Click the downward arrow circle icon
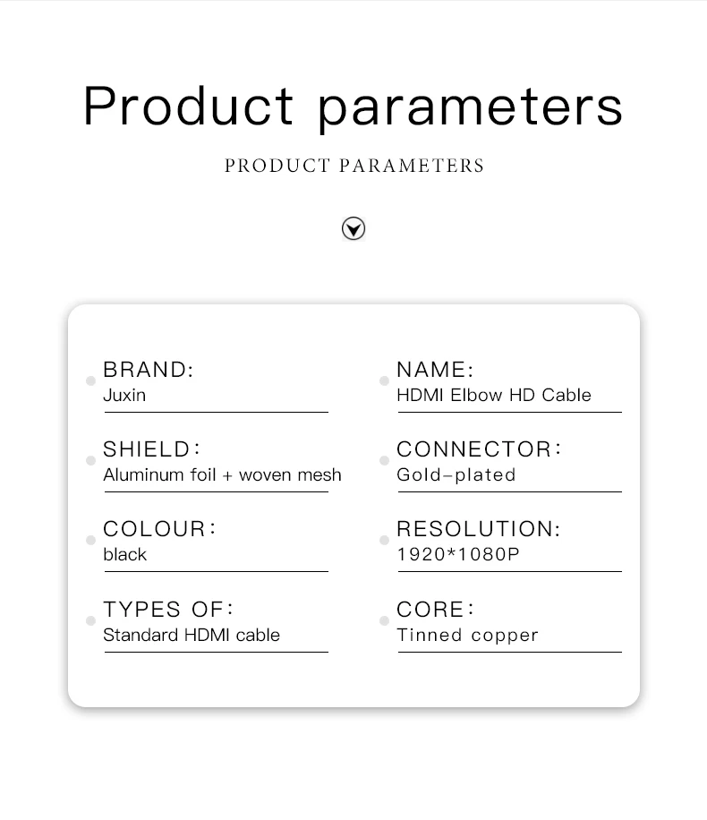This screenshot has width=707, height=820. pos(353,228)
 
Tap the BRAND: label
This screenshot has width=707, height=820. pos(149,369)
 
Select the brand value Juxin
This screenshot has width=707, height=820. pos(124,395)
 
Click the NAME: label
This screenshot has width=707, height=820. pos(435,369)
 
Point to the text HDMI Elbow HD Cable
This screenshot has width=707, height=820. pos(494,395)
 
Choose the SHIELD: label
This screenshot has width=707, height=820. pos(151,449)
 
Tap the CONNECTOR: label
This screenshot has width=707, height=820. pos(479,449)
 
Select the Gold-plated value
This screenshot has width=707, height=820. pos(456,474)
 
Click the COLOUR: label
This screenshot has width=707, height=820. pos(159,529)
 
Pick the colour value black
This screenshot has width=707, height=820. pos(125,554)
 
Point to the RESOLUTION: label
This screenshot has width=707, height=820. pos(479,529)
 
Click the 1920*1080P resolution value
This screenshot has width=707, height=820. pos(458,554)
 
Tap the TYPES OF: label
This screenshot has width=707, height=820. pos(168,610)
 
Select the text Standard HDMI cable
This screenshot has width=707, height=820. pos(192,635)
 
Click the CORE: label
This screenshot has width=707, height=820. pos(436,610)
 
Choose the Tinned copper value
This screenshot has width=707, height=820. pos(467,636)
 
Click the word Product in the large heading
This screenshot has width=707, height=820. pos(188,107)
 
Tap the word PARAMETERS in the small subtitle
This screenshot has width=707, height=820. pos(412,166)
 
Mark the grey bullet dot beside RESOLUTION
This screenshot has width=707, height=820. pos(384,540)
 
